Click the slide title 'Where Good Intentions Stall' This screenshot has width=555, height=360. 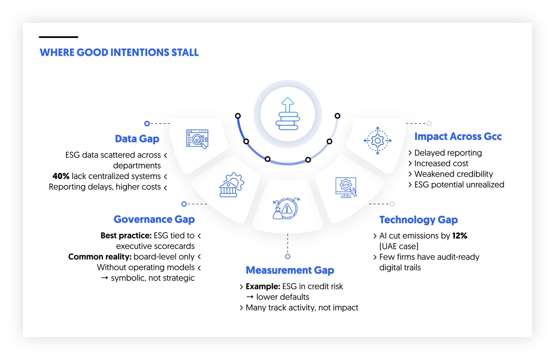pyautogui.click(x=119, y=52)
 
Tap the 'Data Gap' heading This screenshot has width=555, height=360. pyautogui.click(x=137, y=139)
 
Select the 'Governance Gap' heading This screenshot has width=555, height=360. pyautogui.click(x=154, y=219)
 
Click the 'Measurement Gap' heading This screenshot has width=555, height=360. pyautogui.click(x=290, y=270)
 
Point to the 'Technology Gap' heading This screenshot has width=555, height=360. pyautogui.click(x=418, y=220)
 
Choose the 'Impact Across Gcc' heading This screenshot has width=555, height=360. pyautogui.click(x=458, y=136)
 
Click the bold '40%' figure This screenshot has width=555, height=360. pyautogui.click(x=61, y=176)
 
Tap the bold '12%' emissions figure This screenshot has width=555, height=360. pyautogui.click(x=460, y=236)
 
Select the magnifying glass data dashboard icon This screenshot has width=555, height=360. pyautogui.click(x=197, y=139)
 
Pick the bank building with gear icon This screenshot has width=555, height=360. pyautogui.click(x=231, y=185)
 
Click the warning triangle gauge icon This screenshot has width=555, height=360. pyautogui.click(x=286, y=209)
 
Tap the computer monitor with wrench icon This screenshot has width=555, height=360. pyautogui.click(x=346, y=187)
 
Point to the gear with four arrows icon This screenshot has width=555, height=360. pyautogui.click(x=377, y=141)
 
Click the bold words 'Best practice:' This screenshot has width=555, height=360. pyautogui.click(x=126, y=235)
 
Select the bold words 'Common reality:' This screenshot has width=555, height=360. pyautogui.click(x=100, y=257)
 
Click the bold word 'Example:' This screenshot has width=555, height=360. pyautogui.click(x=263, y=287)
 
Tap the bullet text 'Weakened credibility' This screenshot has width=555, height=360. pyautogui.click(x=453, y=174)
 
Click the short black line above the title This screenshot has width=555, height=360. pyautogui.click(x=59, y=37)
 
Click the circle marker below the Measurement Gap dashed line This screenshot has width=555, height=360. pyautogui.click(x=288, y=257)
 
